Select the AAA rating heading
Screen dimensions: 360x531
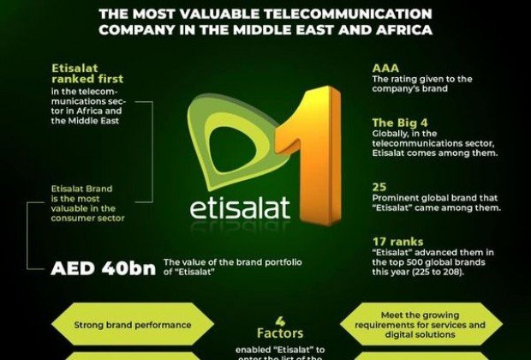tap(385, 67)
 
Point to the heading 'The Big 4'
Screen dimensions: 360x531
tap(397, 122)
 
